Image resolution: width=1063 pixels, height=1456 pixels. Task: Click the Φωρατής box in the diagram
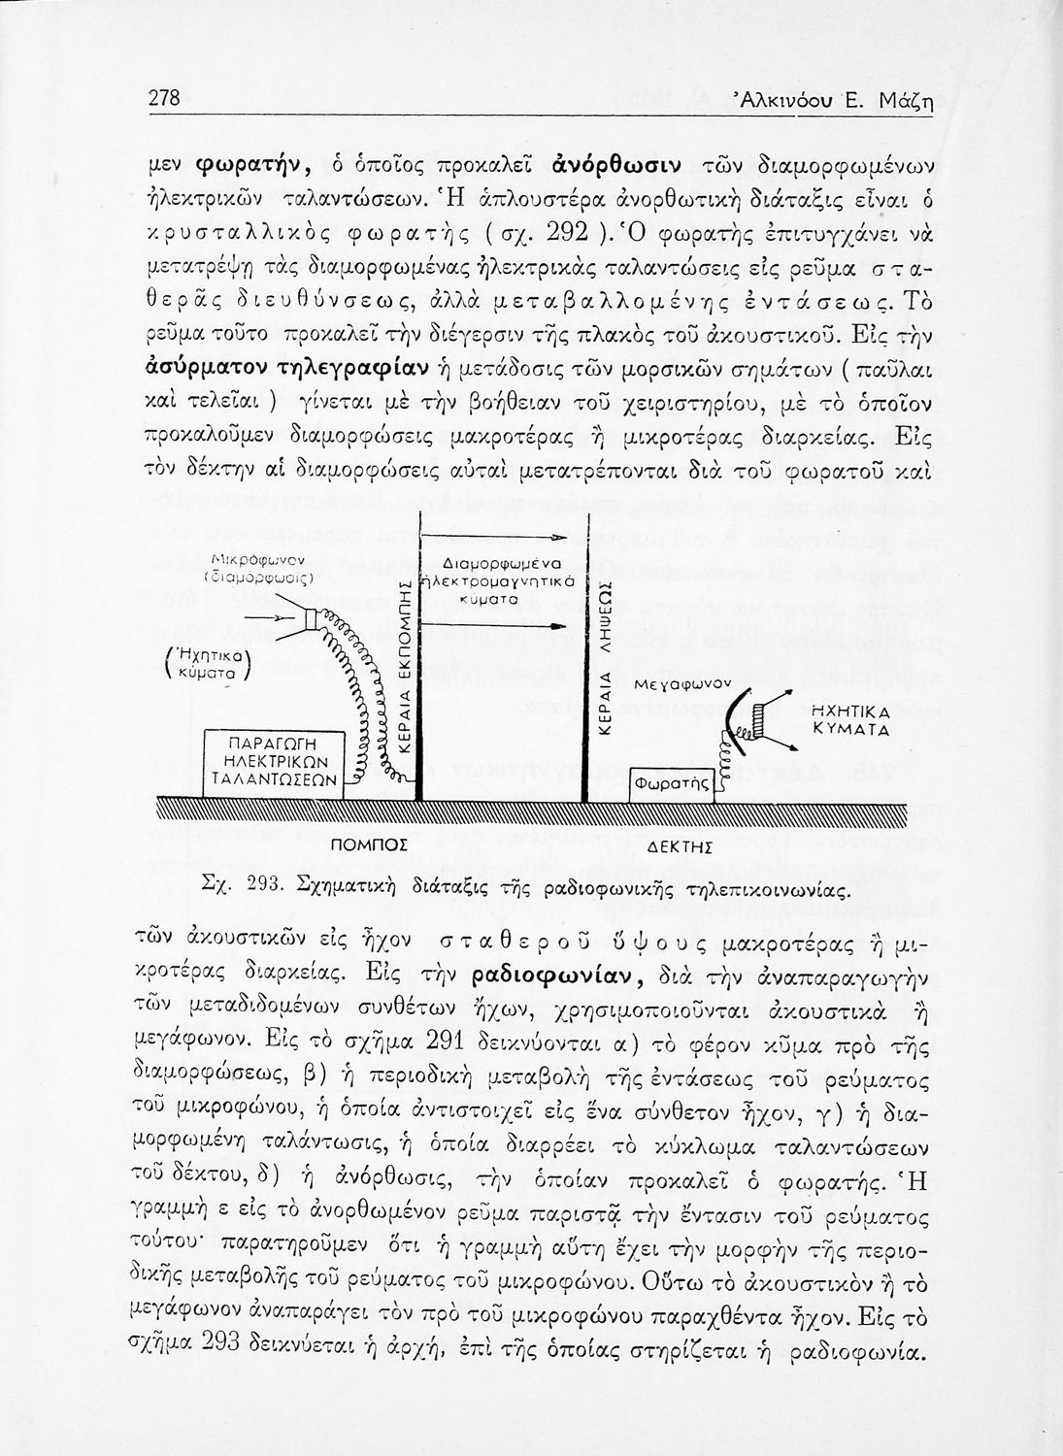point(671,781)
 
